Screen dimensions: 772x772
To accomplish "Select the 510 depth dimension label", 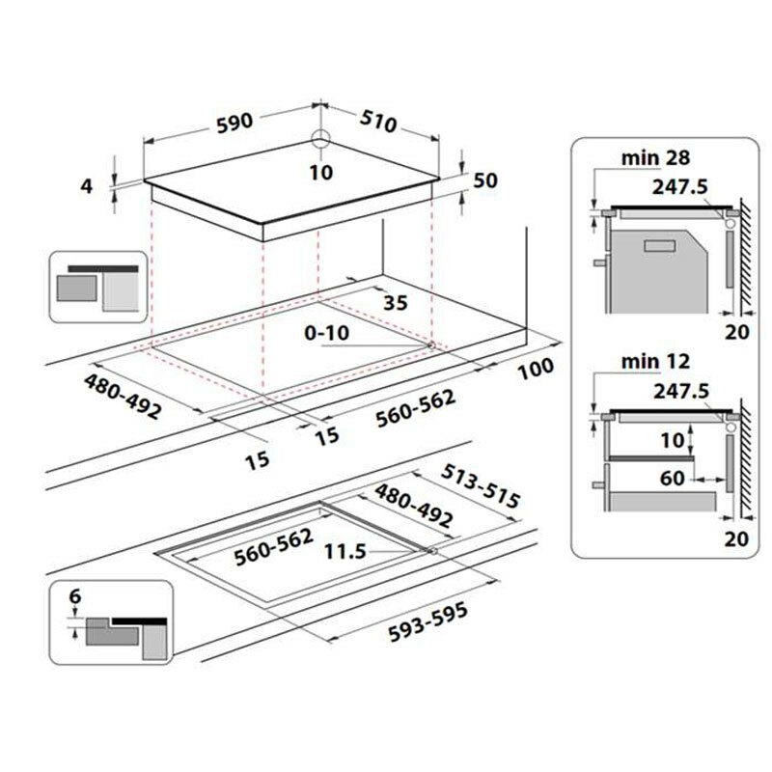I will (x=377, y=123).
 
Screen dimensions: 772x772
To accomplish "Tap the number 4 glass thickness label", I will (x=86, y=186).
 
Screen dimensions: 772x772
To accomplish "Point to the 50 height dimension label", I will (x=485, y=181).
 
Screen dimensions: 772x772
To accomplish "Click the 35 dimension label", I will (x=396, y=302).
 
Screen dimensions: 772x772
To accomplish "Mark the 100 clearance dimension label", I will (x=535, y=368).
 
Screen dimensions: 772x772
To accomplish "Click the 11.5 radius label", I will (x=344, y=553).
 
